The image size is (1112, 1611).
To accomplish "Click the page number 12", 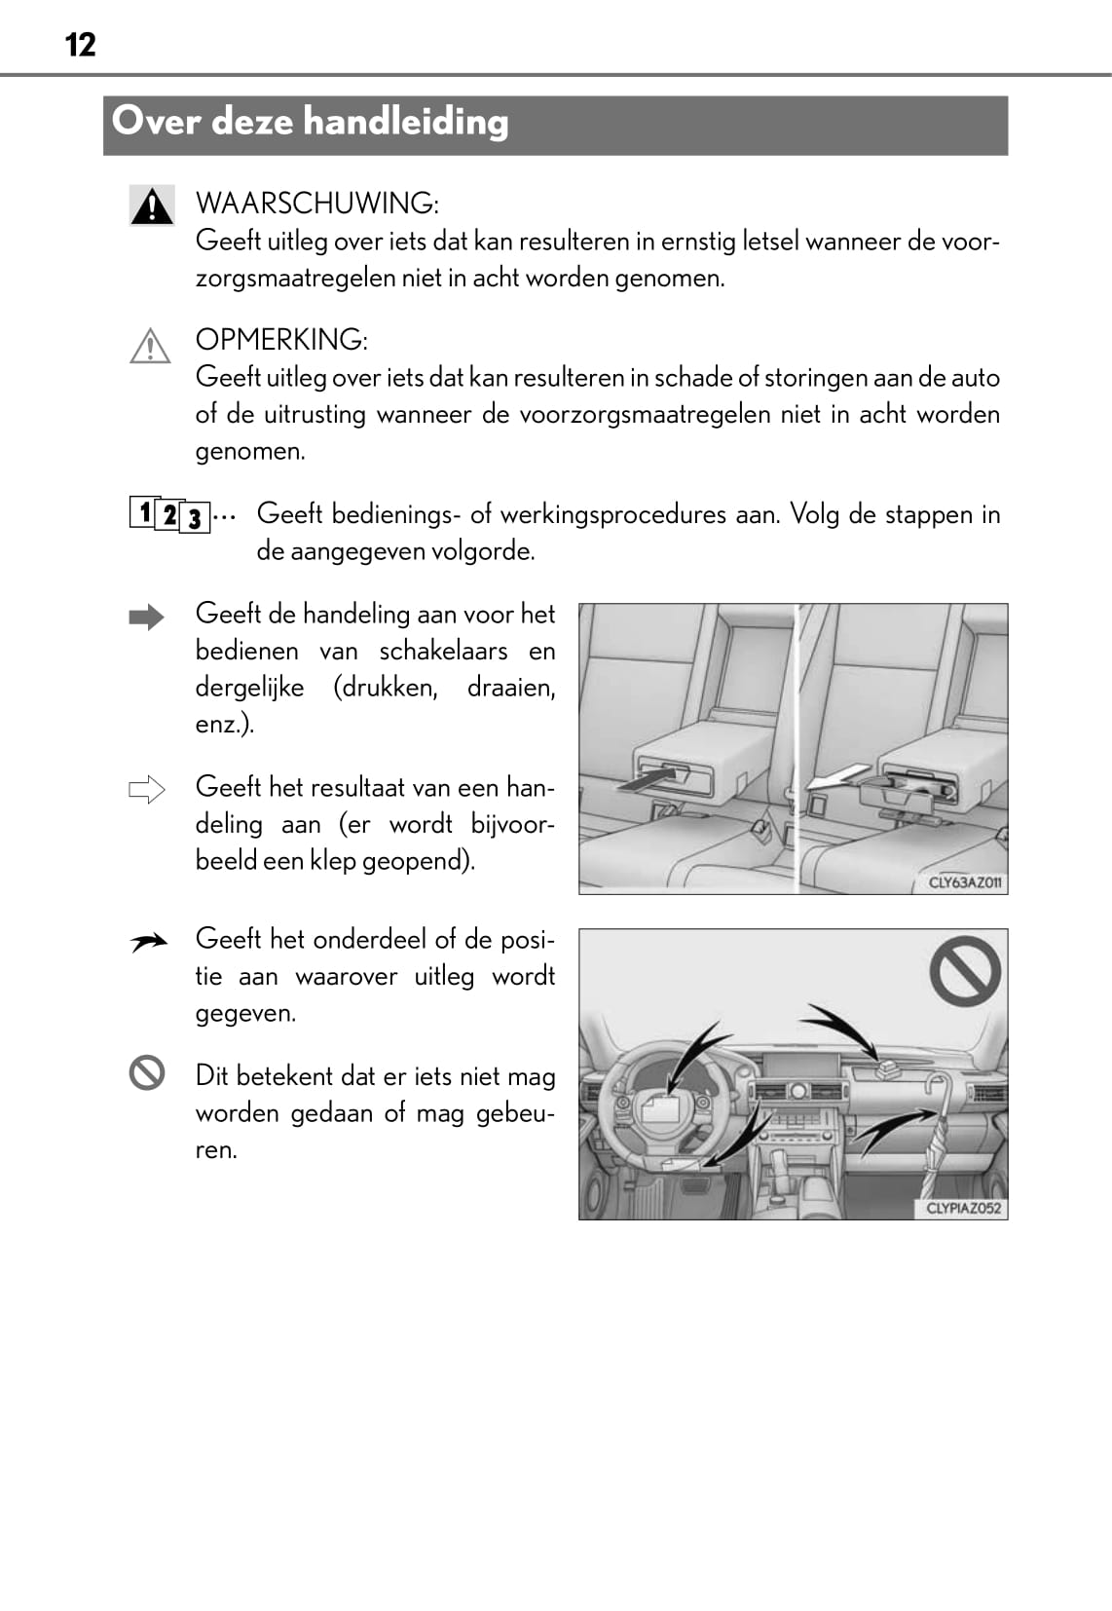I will coord(81,45).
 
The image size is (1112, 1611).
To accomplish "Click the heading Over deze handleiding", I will coord(310,122).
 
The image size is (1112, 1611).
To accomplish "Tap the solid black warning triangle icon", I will coord(151,206).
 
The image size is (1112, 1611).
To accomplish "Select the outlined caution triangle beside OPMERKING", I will coord(150,346).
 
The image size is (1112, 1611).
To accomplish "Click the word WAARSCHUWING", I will coord(315,204).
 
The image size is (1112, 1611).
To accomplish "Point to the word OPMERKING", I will coord(280,340).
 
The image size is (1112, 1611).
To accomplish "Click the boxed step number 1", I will coord(143,511).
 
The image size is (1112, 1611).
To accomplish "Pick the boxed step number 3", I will coord(195,518).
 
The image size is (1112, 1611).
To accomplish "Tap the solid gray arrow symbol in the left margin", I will coord(147,618).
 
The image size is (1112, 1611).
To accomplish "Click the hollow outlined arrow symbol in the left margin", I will coord(147,789).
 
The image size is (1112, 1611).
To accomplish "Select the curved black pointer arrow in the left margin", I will coord(148,942).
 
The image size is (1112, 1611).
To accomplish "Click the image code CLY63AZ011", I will coord(964,882).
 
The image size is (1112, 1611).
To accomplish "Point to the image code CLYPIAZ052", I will coord(963,1208).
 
